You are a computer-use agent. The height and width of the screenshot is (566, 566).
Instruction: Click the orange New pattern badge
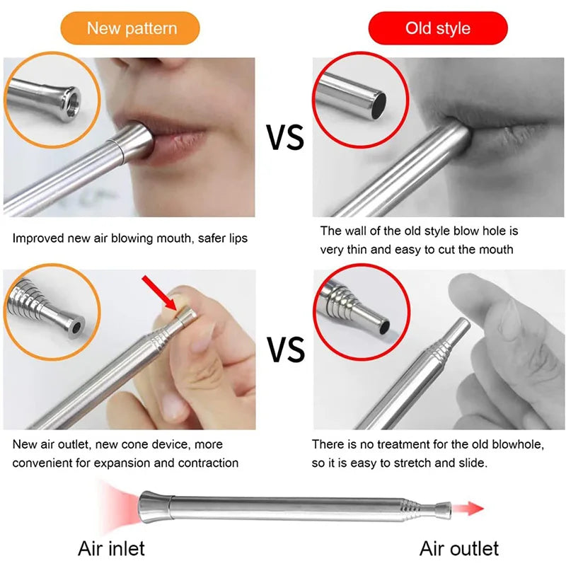coord(132,28)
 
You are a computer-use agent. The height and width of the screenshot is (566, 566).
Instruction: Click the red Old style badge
coord(438,28)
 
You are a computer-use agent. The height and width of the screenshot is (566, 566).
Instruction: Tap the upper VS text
coord(285,137)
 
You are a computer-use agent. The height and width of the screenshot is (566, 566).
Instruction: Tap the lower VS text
coord(285,349)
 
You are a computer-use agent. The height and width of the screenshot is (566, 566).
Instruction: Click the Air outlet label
coord(459,548)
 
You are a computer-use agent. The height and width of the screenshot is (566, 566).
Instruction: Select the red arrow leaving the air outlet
coord(469,508)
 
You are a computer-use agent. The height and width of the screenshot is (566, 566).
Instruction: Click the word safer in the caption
coord(204,238)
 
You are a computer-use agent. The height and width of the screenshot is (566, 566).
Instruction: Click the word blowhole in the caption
coord(519,444)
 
